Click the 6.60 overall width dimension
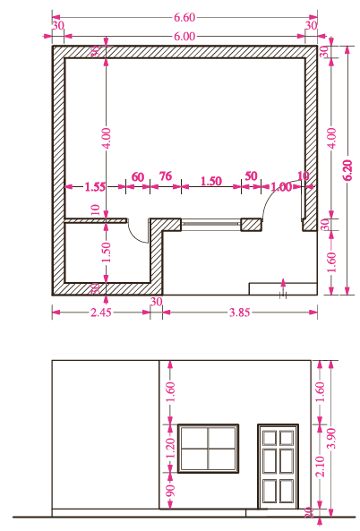(x=184, y=17)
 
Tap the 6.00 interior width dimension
(x=184, y=36)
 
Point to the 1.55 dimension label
(x=95, y=186)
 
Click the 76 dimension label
(x=166, y=176)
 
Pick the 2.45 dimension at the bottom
(x=101, y=313)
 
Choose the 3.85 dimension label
(x=240, y=313)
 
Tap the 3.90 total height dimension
(x=332, y=438)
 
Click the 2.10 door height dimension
(x=320, y=466)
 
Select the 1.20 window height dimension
(x=170, y=448)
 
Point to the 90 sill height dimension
(x=170, y=491)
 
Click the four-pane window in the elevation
(x=209, y=449)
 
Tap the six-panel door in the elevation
(x=278, y=467)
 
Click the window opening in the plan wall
(x=210, y=225)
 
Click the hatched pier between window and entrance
(x=252, y=225)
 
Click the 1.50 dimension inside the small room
(x=106, y=252)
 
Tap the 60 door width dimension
(x=138, y=176)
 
